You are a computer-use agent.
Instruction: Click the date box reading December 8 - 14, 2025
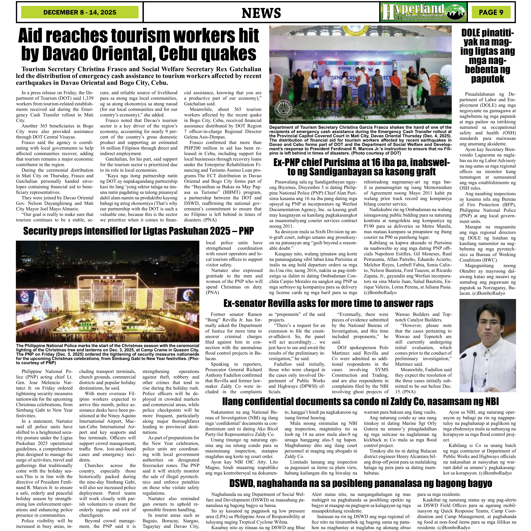(x=80, y=12)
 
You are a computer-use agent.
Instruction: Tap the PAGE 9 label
(x=491, y=12)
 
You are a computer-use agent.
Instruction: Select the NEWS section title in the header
(x=261, y=13)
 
